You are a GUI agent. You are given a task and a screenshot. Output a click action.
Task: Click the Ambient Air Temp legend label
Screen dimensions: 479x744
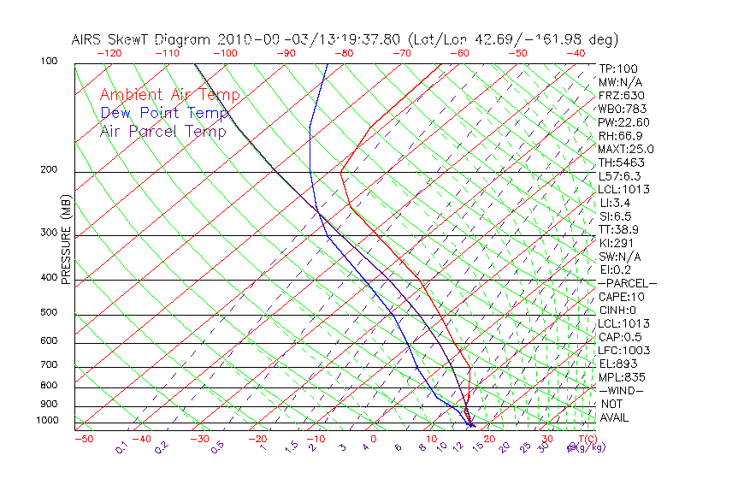click(169, 95)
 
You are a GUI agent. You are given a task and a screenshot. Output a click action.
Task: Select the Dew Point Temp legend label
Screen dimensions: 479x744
click(163, 113)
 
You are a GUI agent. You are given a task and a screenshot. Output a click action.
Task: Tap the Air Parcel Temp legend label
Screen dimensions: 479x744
click(162, 131)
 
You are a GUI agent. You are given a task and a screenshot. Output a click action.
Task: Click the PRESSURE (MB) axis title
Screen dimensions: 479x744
click(67, 242)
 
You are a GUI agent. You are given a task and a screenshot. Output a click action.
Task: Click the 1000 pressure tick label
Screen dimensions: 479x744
click(49, 421)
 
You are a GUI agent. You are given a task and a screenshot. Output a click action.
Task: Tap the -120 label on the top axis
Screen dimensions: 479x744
click(109, 53)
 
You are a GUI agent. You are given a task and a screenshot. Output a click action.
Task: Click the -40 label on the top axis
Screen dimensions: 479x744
click(576, 53)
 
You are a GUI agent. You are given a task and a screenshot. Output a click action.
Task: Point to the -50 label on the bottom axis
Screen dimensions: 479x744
click(83, 440)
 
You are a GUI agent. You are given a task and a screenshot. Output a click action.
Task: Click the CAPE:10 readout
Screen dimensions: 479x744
click(622, 297)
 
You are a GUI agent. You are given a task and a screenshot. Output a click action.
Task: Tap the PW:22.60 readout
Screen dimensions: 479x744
click(624, 122)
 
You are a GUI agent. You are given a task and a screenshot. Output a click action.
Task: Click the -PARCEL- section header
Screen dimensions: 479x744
click(627, 283)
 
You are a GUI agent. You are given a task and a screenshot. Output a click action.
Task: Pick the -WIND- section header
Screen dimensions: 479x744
click(621, 390)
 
